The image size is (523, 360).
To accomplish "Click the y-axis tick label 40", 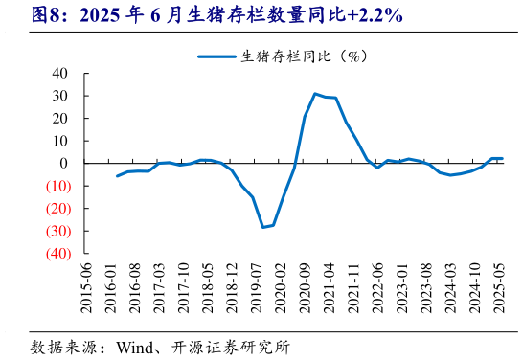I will tap(59, 73).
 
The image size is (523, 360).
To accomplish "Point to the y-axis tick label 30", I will tap(59, 96).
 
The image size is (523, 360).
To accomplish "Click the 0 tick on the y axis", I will tap(63, 164).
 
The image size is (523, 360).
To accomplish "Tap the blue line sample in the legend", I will tap(217, 56).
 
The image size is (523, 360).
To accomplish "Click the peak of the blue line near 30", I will tap(315, 94).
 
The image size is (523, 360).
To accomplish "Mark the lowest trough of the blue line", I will tap(263, 227).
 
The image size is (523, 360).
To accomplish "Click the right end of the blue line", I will tap(502, 158).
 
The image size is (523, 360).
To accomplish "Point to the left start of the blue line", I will tap(117, 175).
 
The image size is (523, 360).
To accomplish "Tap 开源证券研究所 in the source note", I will tap(230, 347).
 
